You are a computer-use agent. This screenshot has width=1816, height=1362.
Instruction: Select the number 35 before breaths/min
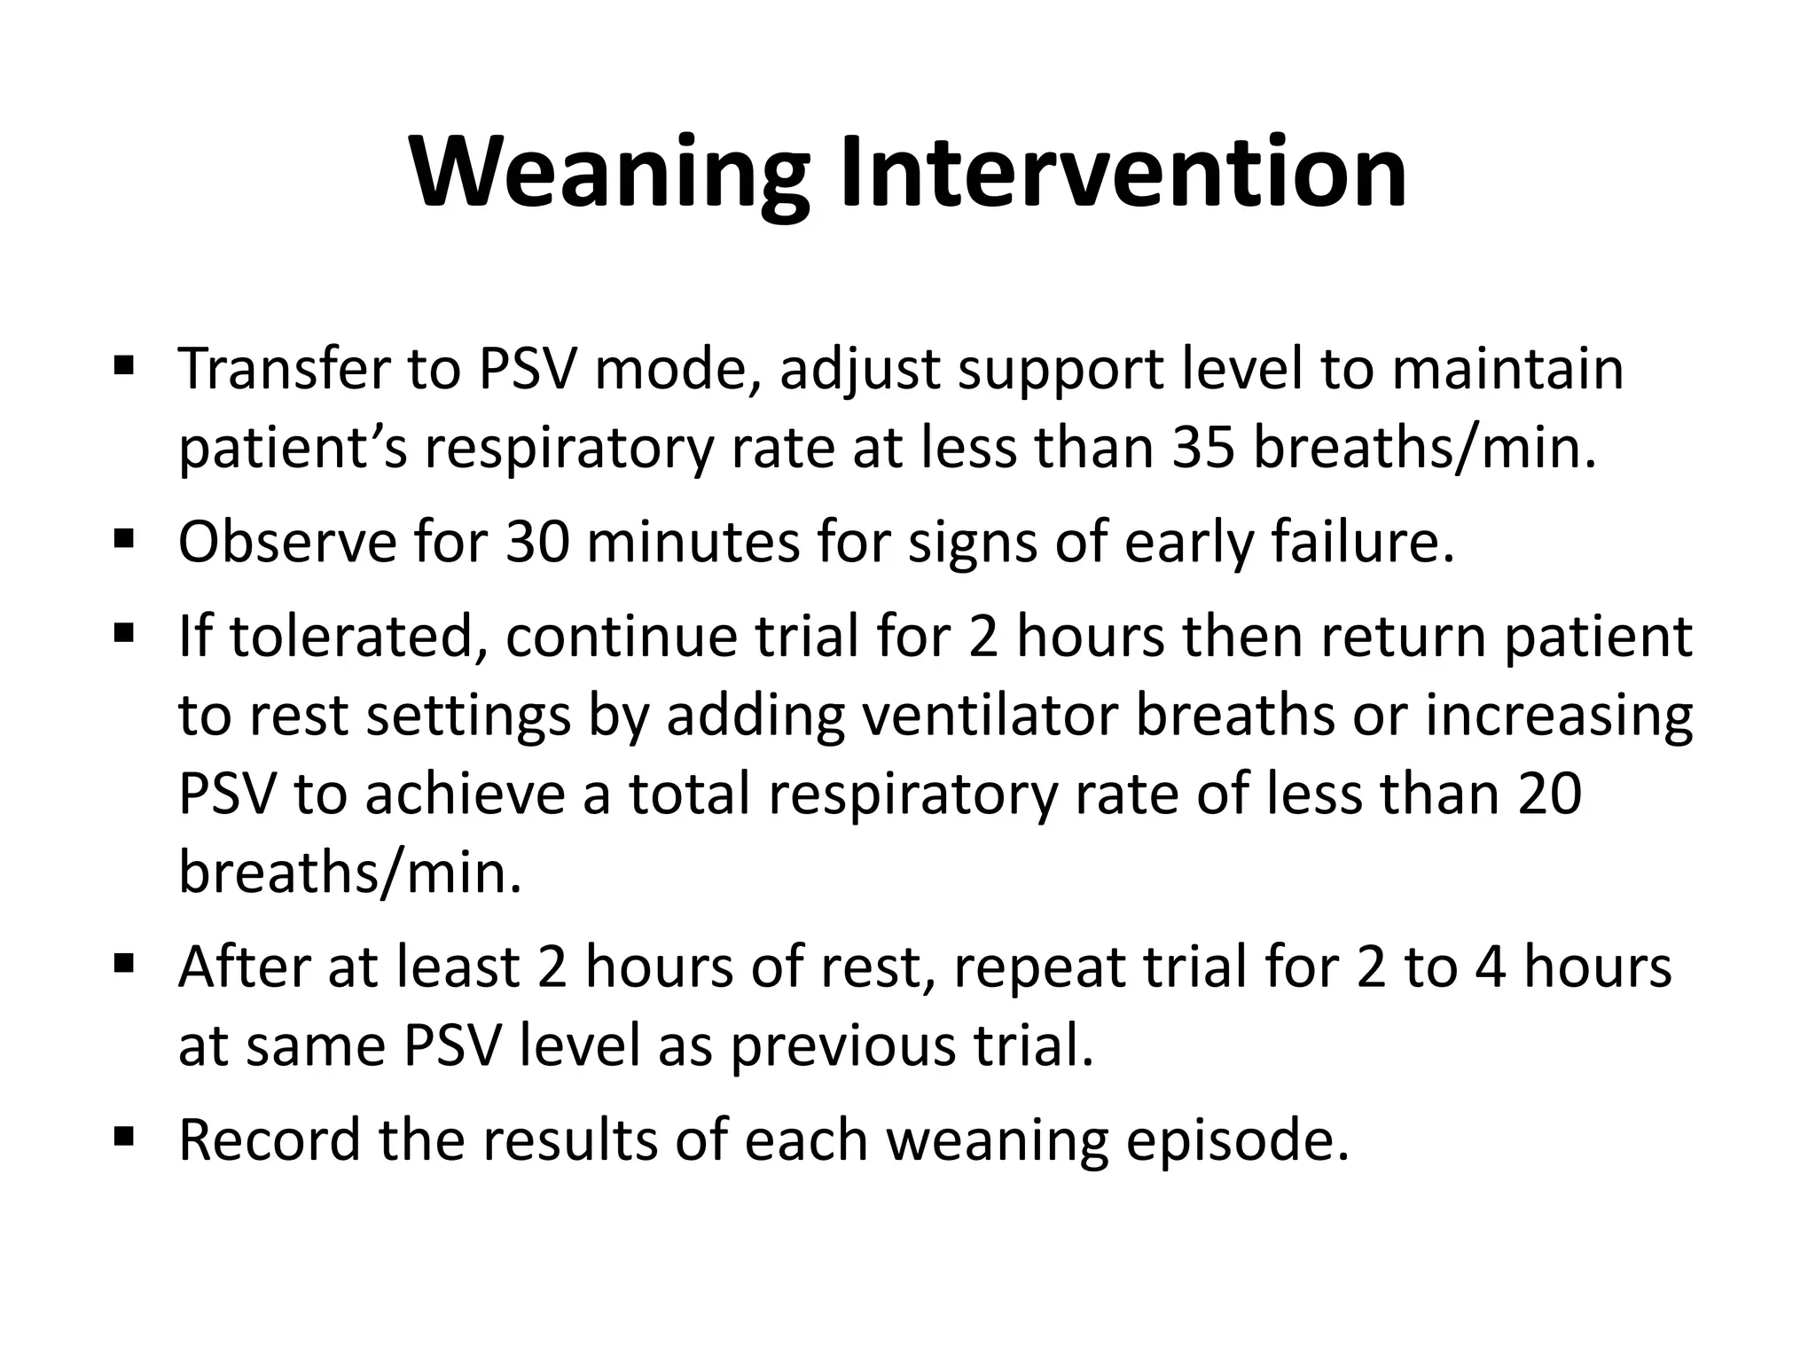click(x=1204, y=448)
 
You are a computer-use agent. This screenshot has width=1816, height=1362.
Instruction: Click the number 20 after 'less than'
click(x=1549, y=794)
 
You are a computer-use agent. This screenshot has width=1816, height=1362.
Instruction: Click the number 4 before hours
click(x=1490, y=967)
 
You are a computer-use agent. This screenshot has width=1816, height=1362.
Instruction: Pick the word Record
click(x=270, y=1139)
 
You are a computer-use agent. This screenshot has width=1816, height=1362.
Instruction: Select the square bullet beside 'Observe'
click(x=124, y=537)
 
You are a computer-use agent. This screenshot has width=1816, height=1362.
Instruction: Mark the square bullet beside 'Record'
click(x=124, y=1135)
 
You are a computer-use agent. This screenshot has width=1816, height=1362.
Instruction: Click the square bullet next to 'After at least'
click(x=124, y=963)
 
